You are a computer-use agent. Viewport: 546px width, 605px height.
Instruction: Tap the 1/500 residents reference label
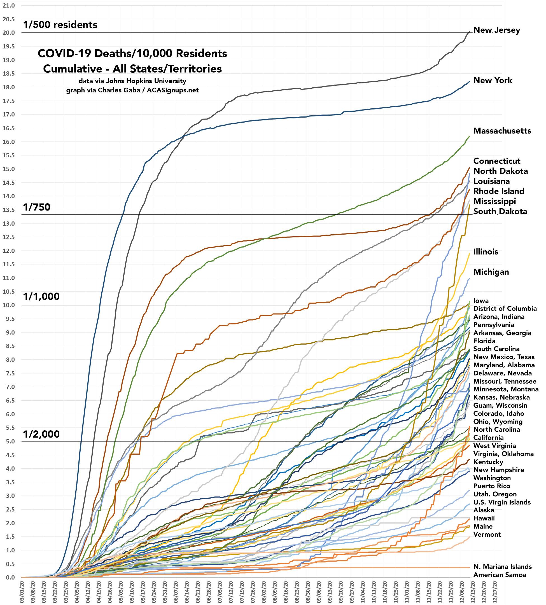pyautogui.click(x=60, y=25)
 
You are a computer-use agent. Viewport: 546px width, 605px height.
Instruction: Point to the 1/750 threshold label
pyautogui.click(x=37, y=207)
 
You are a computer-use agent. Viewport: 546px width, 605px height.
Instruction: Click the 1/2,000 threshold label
pyautogui.click(x=41, y=434)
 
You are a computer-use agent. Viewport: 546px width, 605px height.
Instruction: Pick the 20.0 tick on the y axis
pyautogui.click(x=8, y=33)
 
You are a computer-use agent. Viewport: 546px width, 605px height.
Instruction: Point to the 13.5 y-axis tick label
pyautogui.click(x=8, y=210)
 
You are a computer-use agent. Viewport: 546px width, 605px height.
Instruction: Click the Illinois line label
pyautogui.click(x=486, y=252)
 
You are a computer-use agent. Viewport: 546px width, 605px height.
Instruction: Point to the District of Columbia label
pyautogui.click(x=505, y=308)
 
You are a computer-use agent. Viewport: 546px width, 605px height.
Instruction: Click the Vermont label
pyautogui.click(x=487, y=534)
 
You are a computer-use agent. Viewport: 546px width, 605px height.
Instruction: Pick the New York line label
pyautogui.click(x=493, y=80)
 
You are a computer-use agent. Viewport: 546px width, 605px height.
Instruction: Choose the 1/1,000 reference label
pyautogui.click(x=41, y=296)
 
